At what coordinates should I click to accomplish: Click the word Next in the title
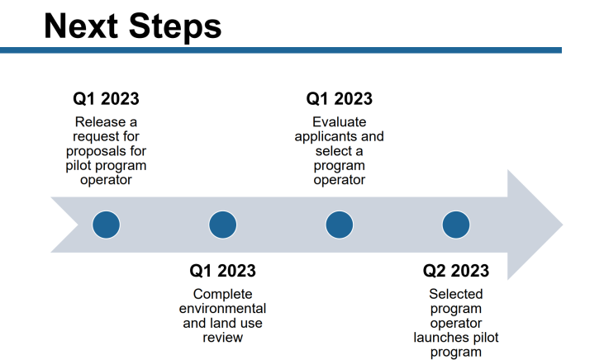(81, 26)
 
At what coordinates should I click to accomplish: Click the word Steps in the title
(175, 28)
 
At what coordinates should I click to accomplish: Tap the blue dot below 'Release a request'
(106, 225)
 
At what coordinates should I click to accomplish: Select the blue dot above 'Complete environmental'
(222, 225)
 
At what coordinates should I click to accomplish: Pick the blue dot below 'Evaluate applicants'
(339, 225)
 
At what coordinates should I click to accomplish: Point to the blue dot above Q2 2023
(456, 225)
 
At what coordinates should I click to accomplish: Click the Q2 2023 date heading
(456, 271)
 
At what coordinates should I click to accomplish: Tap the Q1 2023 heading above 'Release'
(106, 98)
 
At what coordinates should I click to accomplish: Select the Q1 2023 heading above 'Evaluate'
(339, 98)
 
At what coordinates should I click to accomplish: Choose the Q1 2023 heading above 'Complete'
(222, 271)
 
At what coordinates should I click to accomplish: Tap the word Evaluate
(339, 122)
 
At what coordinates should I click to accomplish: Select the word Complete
(222, 295)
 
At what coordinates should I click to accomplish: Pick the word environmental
(222, 309)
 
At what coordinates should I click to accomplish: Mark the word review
(222, 338)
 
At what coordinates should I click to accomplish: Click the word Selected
(456, 294)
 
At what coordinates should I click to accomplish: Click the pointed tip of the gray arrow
(563, 225)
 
